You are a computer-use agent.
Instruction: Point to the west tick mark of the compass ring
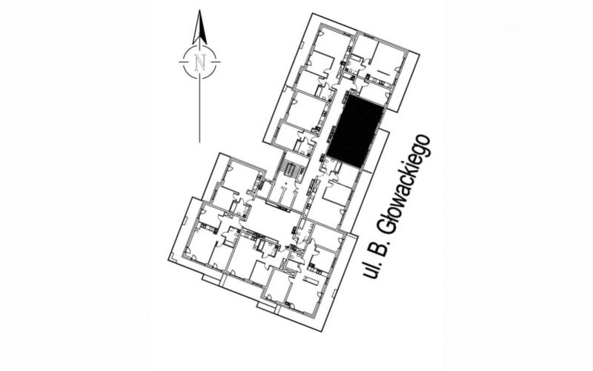(183, 62)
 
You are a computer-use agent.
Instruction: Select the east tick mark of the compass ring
(216, 62)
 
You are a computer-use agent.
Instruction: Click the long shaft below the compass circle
(199, 110)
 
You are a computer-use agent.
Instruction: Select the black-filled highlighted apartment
(355, 131)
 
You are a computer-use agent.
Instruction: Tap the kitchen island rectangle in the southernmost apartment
(311, 280)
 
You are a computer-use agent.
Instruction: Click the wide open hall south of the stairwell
(271, 218)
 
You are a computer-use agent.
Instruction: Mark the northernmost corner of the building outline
(312, 13)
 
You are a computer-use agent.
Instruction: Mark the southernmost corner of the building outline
(322, 331)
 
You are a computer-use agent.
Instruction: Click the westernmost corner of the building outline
(169, 260)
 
